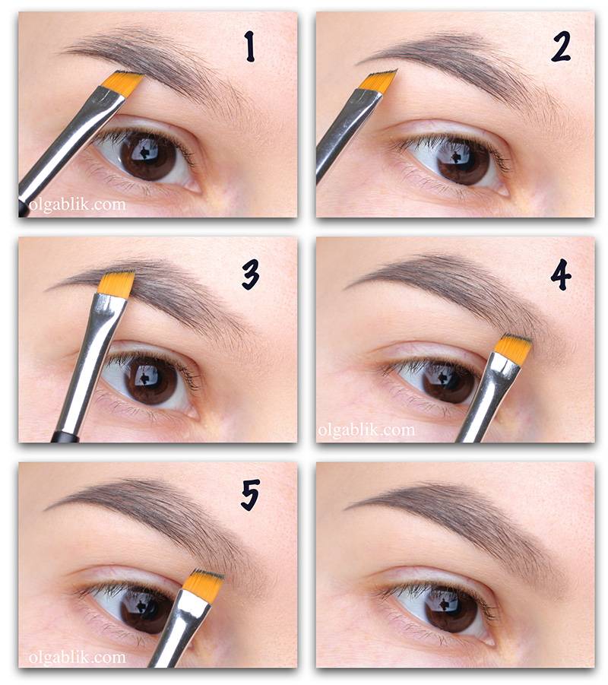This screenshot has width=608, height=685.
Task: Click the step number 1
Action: coord(249,46)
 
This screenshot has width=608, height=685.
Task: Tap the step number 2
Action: coord(560,47)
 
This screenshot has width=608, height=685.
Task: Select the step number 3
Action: coord(251,274)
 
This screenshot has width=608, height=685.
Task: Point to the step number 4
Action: coord(561,274)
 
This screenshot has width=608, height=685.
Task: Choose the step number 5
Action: coord(250,494)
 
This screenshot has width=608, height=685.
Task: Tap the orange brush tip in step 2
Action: coord(380,81)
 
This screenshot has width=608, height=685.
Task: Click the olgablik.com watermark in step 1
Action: coord(78,205)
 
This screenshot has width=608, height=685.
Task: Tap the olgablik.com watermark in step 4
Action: coord(366,430)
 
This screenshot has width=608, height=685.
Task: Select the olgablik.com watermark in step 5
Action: coord(78,657)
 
